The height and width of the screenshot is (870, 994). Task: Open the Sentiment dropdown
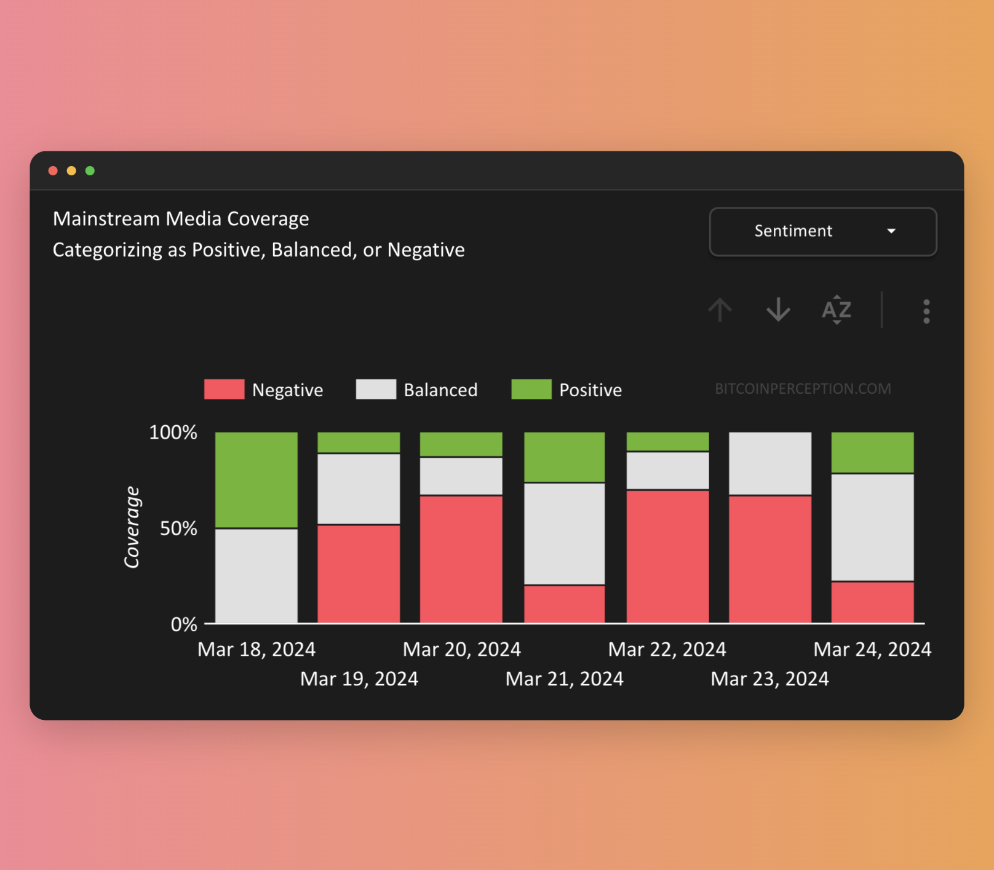click(x=822, y=231)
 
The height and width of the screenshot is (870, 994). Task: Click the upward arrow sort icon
click(x=720, y=309)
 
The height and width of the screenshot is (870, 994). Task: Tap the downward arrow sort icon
click(x=778, y=309)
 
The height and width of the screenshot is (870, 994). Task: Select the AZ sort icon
click(x=837, y=309)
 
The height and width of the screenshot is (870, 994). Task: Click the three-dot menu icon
click(x=926, y=311)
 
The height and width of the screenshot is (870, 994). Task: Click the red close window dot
click(x=53, y=170)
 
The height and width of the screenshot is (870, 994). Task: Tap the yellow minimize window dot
click(x=71, y=170)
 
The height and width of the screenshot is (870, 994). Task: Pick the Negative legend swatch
click(x=224, y=389)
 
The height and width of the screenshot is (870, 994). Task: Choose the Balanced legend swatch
click(x=376, y=389)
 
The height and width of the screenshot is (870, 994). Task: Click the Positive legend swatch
click(x=531, y=389)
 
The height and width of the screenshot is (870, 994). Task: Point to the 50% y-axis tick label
click(x=178, y=529)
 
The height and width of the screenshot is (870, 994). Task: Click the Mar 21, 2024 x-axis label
click(x=564, y=679)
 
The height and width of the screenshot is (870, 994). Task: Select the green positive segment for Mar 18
click(x=256, y=479)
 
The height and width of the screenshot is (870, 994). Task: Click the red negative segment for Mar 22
click(x=667, y=556)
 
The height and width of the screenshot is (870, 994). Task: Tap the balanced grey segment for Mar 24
click(x=872, y=527)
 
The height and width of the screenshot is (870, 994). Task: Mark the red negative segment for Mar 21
click(x=564, y=604)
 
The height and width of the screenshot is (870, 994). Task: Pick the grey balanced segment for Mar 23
click(x=770, y=463)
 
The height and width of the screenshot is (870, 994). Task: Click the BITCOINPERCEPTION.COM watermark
click(x=803, y=389)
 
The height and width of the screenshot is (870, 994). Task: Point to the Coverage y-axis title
click(x=132, y=527)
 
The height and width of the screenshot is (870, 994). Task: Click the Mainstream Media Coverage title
click(x=181, y=219)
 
